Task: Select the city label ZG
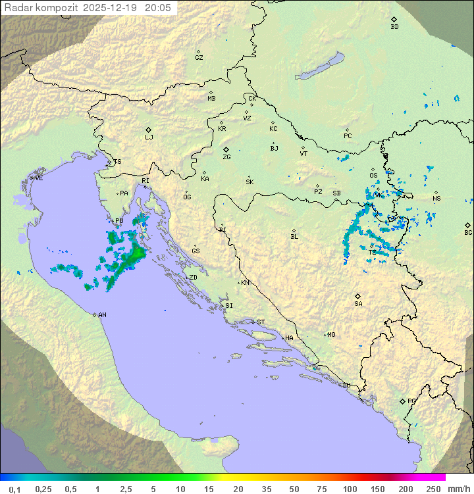tap(226, 157)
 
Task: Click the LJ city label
tap(149, 137)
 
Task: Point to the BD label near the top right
tap(394, 27)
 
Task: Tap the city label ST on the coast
tap(261, 322)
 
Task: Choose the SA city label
tap(358, 303)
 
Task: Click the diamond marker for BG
tap(467, 225)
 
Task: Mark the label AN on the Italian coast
tap(102, 315)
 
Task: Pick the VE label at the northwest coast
tap(39, 178)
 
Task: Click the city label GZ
tap(199, 57)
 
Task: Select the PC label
tap(348, 136)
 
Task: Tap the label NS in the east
tap(436, 199)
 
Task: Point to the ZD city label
tap(193, 278)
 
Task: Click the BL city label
tap(294, 236)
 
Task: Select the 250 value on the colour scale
tap(433, 489)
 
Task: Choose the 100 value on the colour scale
tap(350, 489)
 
